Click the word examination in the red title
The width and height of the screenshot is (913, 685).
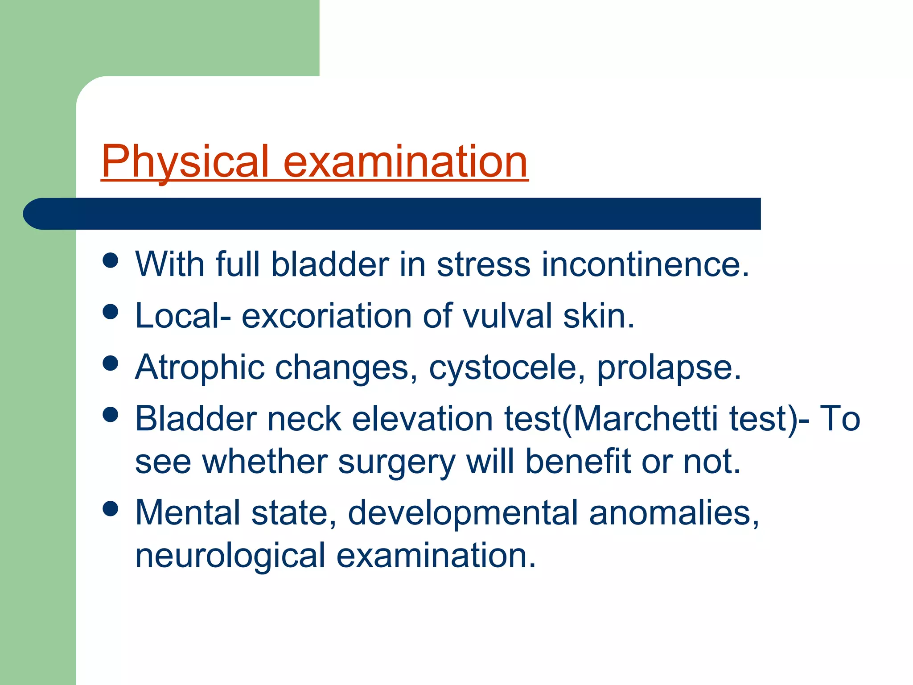(x=405, y=161)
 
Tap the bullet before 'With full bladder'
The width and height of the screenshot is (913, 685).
(x=110, y=260)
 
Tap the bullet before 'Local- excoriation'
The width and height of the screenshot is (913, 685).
(x=110, y=312)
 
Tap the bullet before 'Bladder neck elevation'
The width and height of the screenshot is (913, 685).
(x=110, y=415)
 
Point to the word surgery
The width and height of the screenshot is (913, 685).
(x=396, y=462)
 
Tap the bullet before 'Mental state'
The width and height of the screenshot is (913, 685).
(x=110, y=508)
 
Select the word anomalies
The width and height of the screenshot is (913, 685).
(x=673, y=513)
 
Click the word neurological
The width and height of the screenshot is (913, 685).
(x=230, y=556)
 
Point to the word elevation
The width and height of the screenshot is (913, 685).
(x=422, y=419)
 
